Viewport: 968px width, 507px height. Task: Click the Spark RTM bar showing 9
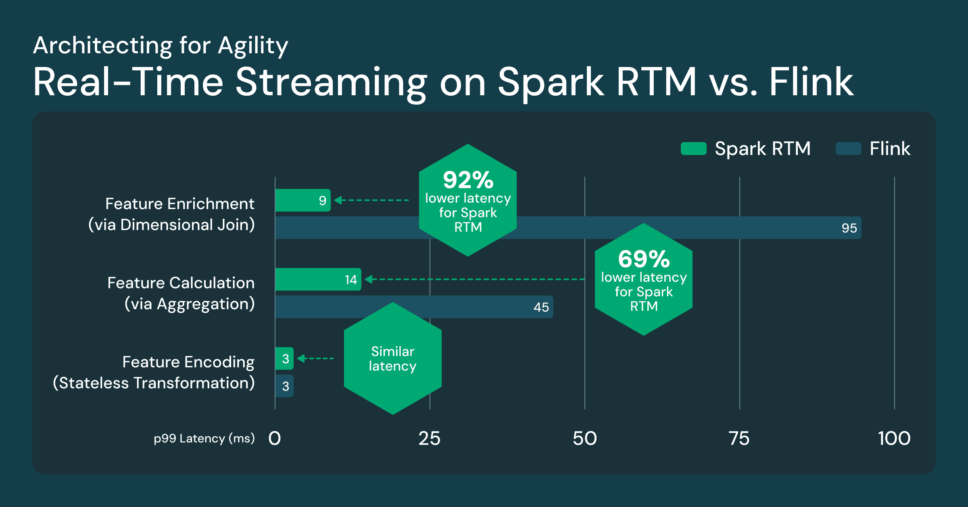click(302, 200)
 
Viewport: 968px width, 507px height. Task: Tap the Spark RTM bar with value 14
click(318, 279)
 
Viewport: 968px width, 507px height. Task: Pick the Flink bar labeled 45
click(484, 307)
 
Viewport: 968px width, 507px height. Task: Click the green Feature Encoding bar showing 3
click(284, 358)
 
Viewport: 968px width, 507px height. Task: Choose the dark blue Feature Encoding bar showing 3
click(284, 386)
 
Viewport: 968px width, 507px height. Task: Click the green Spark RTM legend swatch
click(693, 149)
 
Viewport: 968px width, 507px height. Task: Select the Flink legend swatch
click(848, 149)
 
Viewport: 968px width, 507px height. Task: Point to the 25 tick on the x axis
click(430, 438)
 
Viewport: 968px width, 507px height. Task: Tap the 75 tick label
click(739, 438)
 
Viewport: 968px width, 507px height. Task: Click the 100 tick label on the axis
click(894, 438)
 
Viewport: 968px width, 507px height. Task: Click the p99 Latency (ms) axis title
click(204, 438)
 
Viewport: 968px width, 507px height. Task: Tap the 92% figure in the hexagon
click(468, 180)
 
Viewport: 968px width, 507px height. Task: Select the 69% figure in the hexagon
click(644, 259)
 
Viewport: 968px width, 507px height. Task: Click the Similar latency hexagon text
click(392, 358)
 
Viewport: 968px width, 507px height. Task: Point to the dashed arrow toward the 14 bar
click(476, 279)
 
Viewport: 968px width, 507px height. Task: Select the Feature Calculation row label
click(181, 293)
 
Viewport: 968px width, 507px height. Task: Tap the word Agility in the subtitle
click(253, 46)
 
